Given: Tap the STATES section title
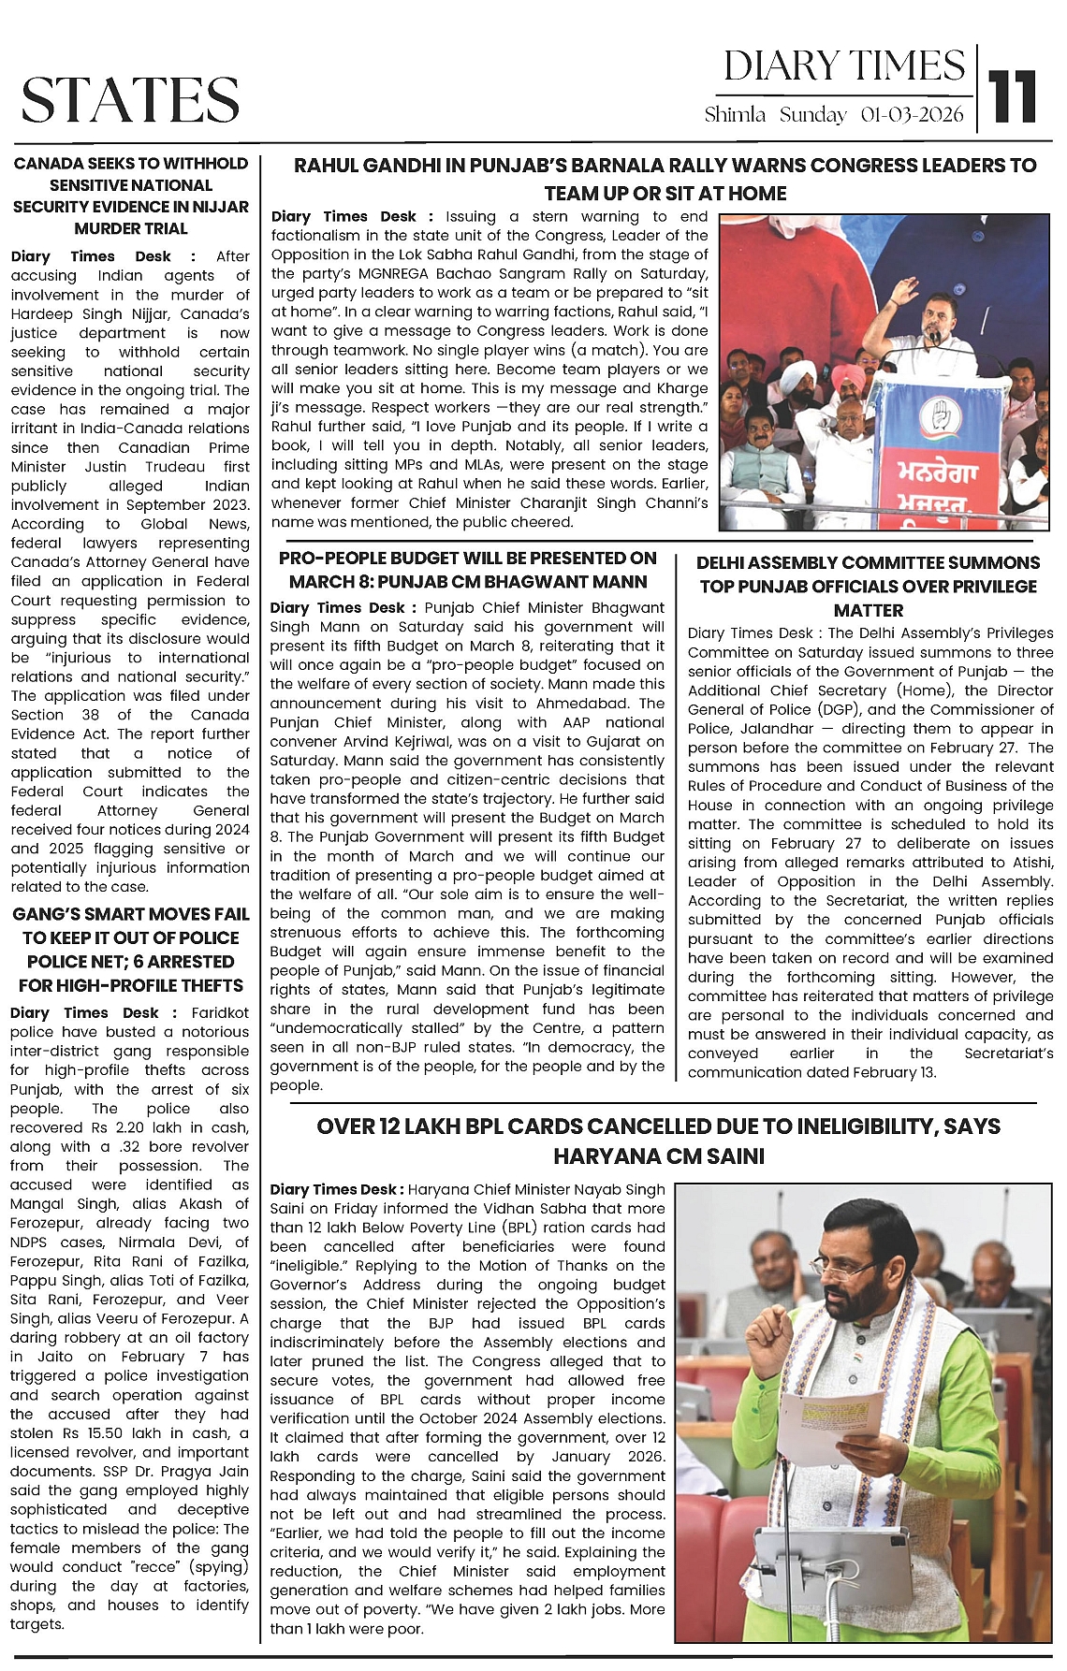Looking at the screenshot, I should click(130, 100).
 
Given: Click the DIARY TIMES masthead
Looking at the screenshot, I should click(843, 66).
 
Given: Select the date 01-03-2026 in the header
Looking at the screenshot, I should click(912, 115).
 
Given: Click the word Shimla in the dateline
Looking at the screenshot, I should click(735, 115).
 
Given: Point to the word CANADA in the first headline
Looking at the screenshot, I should click(49, 164).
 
